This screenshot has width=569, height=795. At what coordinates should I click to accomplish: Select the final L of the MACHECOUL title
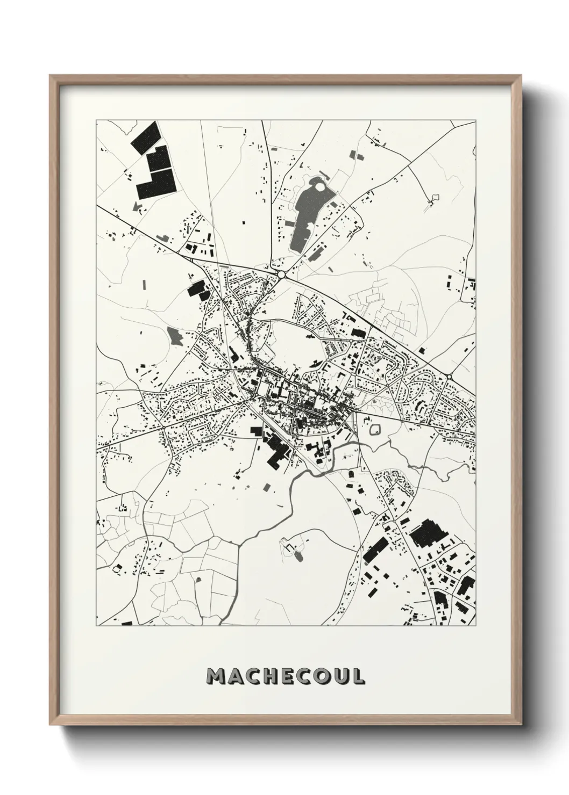pos(359,677)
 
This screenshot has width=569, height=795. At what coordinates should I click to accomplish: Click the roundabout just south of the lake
pos(281,274)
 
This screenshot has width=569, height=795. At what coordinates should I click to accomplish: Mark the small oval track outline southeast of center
pos(375,429)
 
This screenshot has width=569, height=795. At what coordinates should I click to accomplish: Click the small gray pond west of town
pos(174,335)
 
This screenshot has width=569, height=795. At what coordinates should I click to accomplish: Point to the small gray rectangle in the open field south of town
pos(267,487)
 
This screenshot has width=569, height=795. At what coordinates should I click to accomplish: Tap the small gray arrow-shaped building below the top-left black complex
pos(138,205)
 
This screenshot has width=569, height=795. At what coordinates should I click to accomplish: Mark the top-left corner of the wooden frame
pos(50,76)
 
